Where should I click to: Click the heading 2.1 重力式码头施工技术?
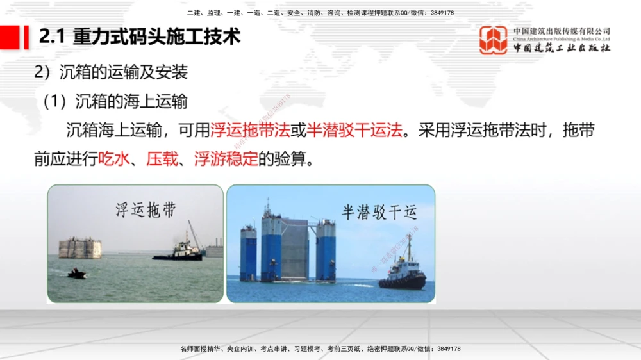(140, 37)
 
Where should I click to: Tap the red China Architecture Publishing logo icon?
(494, 40)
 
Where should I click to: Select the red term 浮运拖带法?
(251, 131)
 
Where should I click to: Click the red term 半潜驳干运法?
(355, 131)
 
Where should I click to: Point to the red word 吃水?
(114, 158)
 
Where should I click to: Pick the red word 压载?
(162, 158)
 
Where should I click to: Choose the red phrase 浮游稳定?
(226, 158)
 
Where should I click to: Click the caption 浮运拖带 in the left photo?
(146, 210)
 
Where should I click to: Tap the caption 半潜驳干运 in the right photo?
(379, 213)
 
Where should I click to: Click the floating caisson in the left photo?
(80, 248)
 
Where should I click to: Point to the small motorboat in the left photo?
(76, 274)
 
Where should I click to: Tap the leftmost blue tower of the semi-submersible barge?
(248, 252)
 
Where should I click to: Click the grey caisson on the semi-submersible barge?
(294, 249)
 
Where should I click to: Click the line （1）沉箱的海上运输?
(115, 101)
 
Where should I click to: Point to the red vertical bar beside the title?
(26, 37)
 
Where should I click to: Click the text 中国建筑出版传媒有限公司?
(562, 31)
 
